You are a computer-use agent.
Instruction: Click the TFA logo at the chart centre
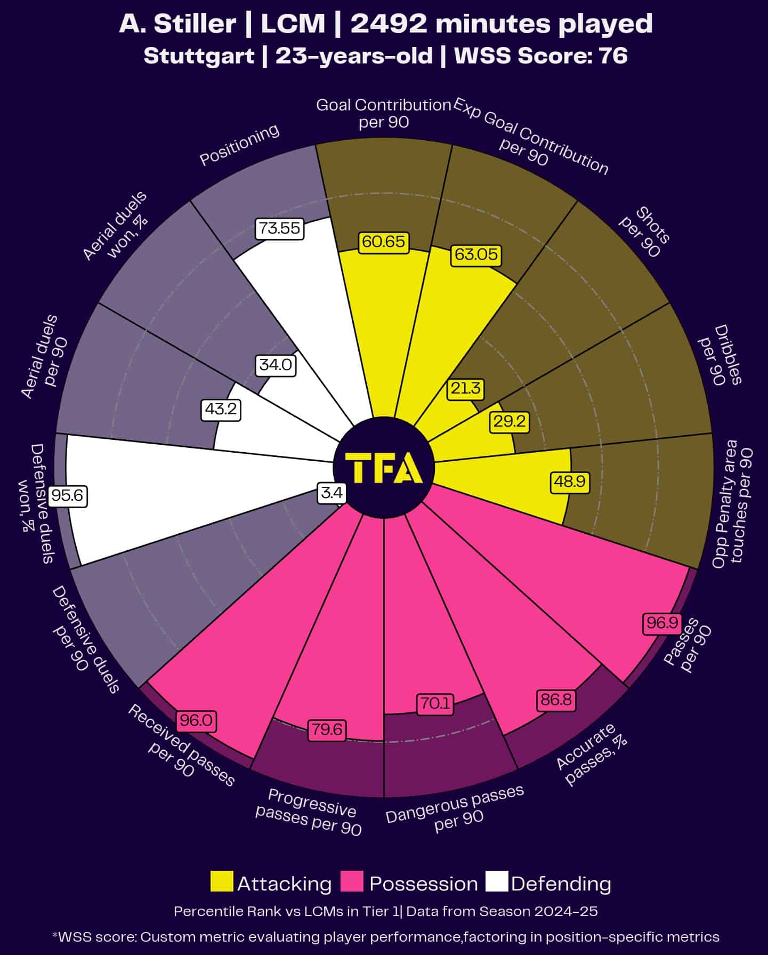pos(384,467)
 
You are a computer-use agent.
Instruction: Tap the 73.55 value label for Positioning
pos(279,228)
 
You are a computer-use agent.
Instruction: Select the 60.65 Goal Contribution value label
pos(383,242)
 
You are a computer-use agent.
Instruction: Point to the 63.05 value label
pos(476,254)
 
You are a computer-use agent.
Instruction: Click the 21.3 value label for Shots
pos(465,388)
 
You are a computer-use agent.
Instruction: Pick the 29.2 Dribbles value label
pos(510,422)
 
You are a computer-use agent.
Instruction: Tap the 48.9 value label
pos(570,481)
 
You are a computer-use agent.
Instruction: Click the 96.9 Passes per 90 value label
pos(662,622)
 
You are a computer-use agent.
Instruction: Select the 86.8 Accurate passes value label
pos(556,699)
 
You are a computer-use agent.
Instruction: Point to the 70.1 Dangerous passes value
pos(435,704)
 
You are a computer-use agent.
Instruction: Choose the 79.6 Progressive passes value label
pos(327,729)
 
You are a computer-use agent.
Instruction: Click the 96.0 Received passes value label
pos(196,721)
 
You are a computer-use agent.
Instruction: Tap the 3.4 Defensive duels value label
pos(332,492)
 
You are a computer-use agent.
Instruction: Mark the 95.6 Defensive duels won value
pos(68,496)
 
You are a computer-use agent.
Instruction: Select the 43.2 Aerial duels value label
pos(221,410)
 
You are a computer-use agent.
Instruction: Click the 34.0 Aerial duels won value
pos(276,365)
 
